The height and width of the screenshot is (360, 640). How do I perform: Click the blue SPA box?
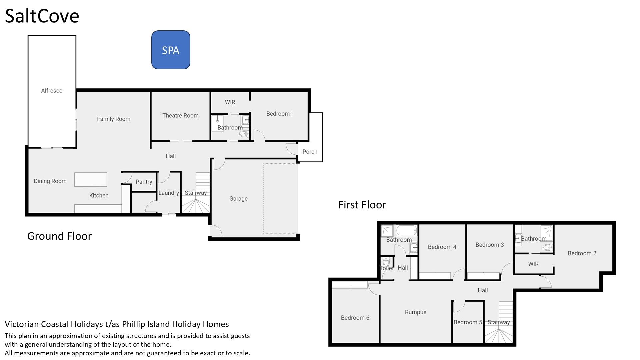pos(171,50)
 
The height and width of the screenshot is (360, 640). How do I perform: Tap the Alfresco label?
pos(52,91)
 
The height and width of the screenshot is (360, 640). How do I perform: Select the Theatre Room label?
pos(180,116)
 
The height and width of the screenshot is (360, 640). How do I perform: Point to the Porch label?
pos(310,152)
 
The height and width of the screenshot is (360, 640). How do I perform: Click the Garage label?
pos(238,199)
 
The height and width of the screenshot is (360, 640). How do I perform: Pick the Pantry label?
pos(144,182)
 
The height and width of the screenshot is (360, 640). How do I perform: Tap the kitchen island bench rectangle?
pos(91,180)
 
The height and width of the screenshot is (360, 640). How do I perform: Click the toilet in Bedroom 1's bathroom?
pos(244,134)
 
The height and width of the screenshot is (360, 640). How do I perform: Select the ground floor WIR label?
pos(230,102)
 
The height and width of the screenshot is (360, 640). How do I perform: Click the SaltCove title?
pos(42,16)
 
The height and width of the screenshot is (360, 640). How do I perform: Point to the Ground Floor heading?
pos(59,236)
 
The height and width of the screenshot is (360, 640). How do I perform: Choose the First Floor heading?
pos(362,205)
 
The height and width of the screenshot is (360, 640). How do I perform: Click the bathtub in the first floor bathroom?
pos(406,230)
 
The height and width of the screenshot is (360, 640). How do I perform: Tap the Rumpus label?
pos(416,312)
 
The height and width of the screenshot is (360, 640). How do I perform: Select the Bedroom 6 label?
pos(355,318)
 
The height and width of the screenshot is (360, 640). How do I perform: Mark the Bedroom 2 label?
pos(582,253)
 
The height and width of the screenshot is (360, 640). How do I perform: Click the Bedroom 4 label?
pos(442,247)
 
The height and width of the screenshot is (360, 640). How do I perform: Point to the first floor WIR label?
pos(533,264)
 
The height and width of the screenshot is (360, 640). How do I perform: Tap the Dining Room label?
pos(50,181)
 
